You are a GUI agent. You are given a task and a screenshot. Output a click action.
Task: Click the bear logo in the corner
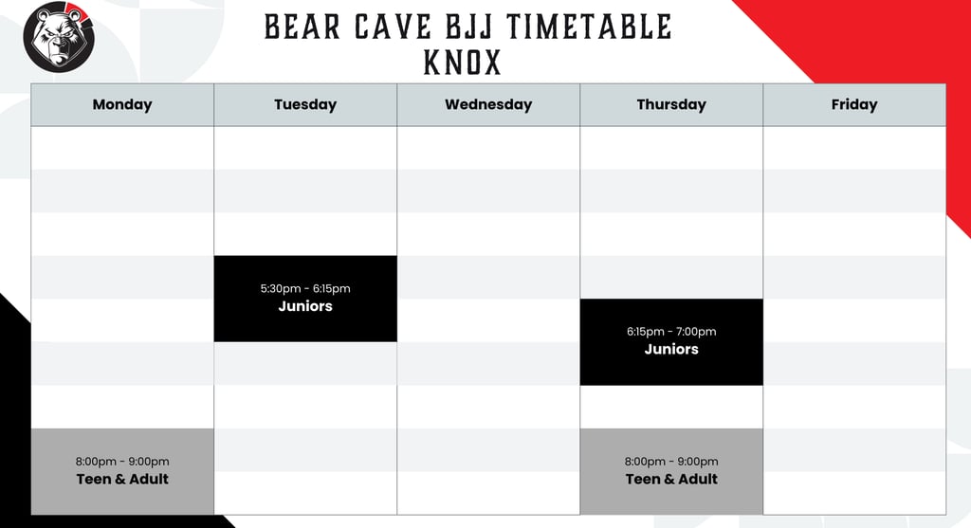click(60, 37)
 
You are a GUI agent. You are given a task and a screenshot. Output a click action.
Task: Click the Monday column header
click(122, 104)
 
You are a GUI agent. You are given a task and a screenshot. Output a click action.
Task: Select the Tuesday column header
click(305, 104)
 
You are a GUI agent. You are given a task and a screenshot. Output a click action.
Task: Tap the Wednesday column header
click(488, 104)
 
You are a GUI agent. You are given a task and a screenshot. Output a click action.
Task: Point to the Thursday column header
click(671, 104)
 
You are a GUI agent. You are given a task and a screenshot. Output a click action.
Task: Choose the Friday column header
click(854, 104)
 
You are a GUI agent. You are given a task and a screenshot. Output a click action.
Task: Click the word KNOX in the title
click(462, 63)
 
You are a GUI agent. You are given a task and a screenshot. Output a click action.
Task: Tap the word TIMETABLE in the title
click(589, 27)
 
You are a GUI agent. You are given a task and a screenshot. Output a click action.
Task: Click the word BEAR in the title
click(302, 27)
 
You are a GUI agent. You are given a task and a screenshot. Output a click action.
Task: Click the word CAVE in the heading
click(393, 27)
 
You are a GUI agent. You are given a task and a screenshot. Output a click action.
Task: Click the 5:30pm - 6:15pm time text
click(305, 288)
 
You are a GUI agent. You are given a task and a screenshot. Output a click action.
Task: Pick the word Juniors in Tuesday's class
click(305, 306)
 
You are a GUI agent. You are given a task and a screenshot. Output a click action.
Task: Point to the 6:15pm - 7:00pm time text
click(671, 332)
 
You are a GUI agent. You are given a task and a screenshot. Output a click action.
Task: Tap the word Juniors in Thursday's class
click(671, 349)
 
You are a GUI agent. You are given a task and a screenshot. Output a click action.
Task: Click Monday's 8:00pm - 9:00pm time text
click(122, 462)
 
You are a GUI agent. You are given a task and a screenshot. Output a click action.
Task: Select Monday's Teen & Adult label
click(122, 479)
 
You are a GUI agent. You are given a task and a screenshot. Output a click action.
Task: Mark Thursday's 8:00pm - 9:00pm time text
click(671, 462)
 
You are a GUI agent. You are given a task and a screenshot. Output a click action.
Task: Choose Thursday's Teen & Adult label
click(671, 479)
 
